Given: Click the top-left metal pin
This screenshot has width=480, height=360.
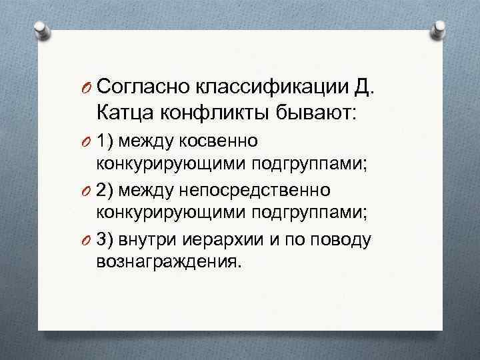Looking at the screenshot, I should pos(39,29).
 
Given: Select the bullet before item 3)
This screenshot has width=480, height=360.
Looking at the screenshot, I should pos(87,239).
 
